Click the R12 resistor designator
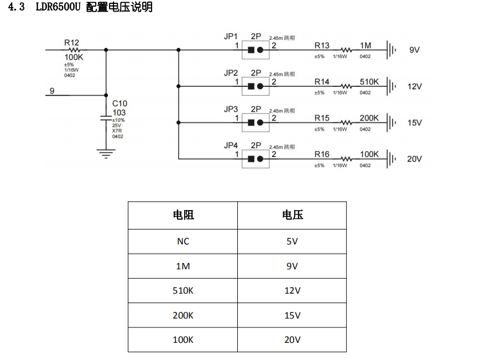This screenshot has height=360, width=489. pos(71,42)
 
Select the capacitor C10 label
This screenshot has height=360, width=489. pos(119,103)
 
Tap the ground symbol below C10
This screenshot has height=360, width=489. pos(106,152)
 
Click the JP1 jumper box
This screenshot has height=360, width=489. pos(255,50)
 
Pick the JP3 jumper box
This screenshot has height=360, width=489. pos(255,122)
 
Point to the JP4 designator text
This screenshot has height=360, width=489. pos(231,145)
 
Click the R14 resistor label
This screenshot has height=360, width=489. pos(322,82)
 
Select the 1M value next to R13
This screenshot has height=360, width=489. pos(366,45)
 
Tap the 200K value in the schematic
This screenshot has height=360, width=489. pos(369,118)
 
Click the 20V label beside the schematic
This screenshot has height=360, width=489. pos(414,159)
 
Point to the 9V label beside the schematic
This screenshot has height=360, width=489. pos(414,50)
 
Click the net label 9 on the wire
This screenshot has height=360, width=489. pos(52,91)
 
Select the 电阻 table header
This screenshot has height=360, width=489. pos(183,215)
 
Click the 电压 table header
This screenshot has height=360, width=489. pos(292,215)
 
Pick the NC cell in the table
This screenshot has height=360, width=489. pos(183,241)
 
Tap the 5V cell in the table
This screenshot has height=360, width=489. pos(292,241)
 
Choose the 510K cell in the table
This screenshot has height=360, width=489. pos(183,290)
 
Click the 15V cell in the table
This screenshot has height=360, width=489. pos(292,315)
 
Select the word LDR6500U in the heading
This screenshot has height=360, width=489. pos(58,7)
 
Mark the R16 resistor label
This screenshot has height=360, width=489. pos(322,154)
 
